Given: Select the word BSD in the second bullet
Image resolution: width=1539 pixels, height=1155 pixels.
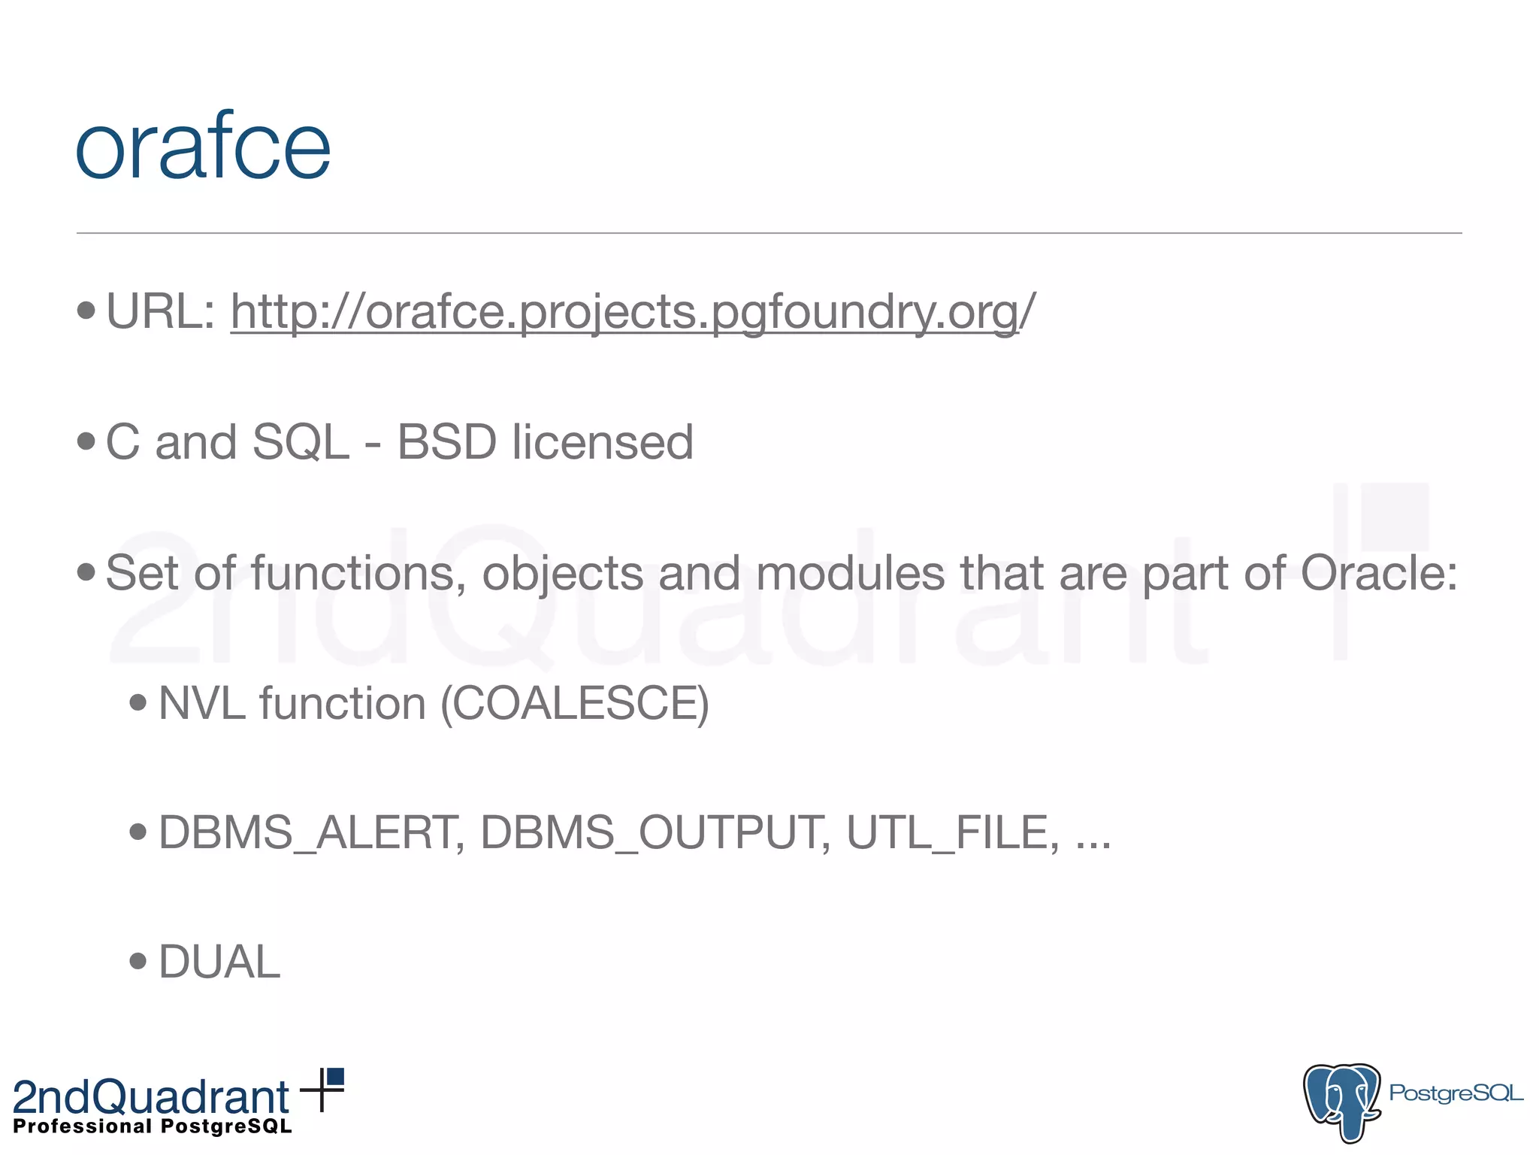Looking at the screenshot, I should pyautogui.click(x=447, y=442).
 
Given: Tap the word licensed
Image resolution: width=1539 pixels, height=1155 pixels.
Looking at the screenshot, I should pyautogui.click(x=603, y=442).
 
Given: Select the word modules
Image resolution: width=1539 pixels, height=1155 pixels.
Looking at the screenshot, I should pyautogui.click(x=850, y=573).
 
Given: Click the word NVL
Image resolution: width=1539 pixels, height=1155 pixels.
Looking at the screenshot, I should pyautogui.click(x=202, y=704).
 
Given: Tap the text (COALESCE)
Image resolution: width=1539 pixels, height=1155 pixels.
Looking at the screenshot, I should pyautogui.click(x=575, y=705).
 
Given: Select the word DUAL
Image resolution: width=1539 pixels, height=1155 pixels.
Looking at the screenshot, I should pyautogui.click(x=219, y=962).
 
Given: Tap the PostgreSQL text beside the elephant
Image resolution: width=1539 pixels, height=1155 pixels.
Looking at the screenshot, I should pyautogui.click(x=1456, y=1093).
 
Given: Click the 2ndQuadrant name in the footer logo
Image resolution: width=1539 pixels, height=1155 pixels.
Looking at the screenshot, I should pyautogui.click(x=151, y=1097).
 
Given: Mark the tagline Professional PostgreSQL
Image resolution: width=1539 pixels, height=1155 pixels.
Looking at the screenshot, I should pyautogui.click(x=153, y=1126).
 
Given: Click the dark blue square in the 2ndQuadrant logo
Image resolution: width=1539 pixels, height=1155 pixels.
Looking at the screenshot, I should pyautogui.click(x=336, y=1077).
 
